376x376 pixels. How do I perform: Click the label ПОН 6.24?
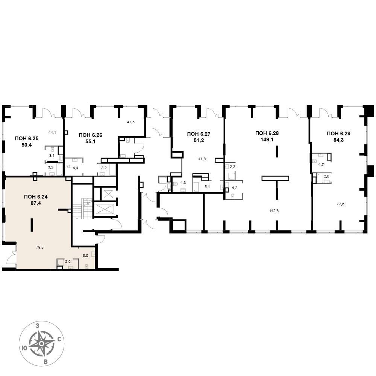click(36, 197)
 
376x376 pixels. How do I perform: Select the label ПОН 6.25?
click(27, 138)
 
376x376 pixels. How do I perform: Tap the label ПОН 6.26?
click(90, 135)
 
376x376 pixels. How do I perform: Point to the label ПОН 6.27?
click(199, 134)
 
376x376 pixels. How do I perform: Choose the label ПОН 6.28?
click(267, 133)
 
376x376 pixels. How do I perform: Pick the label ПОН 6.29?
click(338, 133)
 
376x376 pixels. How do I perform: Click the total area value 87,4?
click(36, 203)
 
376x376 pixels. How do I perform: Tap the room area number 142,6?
click(274, 211)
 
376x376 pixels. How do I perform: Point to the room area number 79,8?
click(39, 247)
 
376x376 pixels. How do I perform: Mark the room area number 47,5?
click(131, 122)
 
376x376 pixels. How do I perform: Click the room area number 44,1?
click(52, 132)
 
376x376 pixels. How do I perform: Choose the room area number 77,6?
click(340, 204)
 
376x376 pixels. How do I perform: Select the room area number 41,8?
click(202, 159)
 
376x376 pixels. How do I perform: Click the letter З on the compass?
click(37, 326)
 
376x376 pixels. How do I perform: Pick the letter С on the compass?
click(59, 339)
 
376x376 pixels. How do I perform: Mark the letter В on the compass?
click(45, 362)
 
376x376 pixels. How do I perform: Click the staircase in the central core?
click(83, 208)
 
